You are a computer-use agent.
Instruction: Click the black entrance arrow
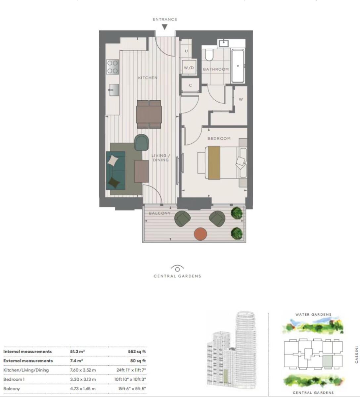[x=164, y=27]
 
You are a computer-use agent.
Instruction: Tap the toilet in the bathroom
[x=209, y=55]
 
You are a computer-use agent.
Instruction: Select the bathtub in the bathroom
[x=238, y=66]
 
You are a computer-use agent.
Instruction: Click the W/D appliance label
[x=189, y=68]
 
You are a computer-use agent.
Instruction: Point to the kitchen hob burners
[x=112, y=67]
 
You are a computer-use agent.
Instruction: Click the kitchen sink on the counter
[x=113, y=90]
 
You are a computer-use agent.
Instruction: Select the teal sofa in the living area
[x=115, y=171]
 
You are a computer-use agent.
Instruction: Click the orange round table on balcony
[x=200, y=234]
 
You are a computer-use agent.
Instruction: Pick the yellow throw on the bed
[x=214, y=163]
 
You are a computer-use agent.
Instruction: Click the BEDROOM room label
[x=219, y=138]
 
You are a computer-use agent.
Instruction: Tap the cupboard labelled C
[x=190, y=85]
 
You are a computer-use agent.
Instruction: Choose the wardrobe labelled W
[x=241, y=99]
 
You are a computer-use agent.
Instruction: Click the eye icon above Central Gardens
[x=177, y=269]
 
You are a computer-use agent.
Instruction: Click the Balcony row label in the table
[x=12, y=388]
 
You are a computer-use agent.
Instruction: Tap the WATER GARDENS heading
[x=313, y=315]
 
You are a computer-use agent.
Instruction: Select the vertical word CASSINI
[x=357, y=355]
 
